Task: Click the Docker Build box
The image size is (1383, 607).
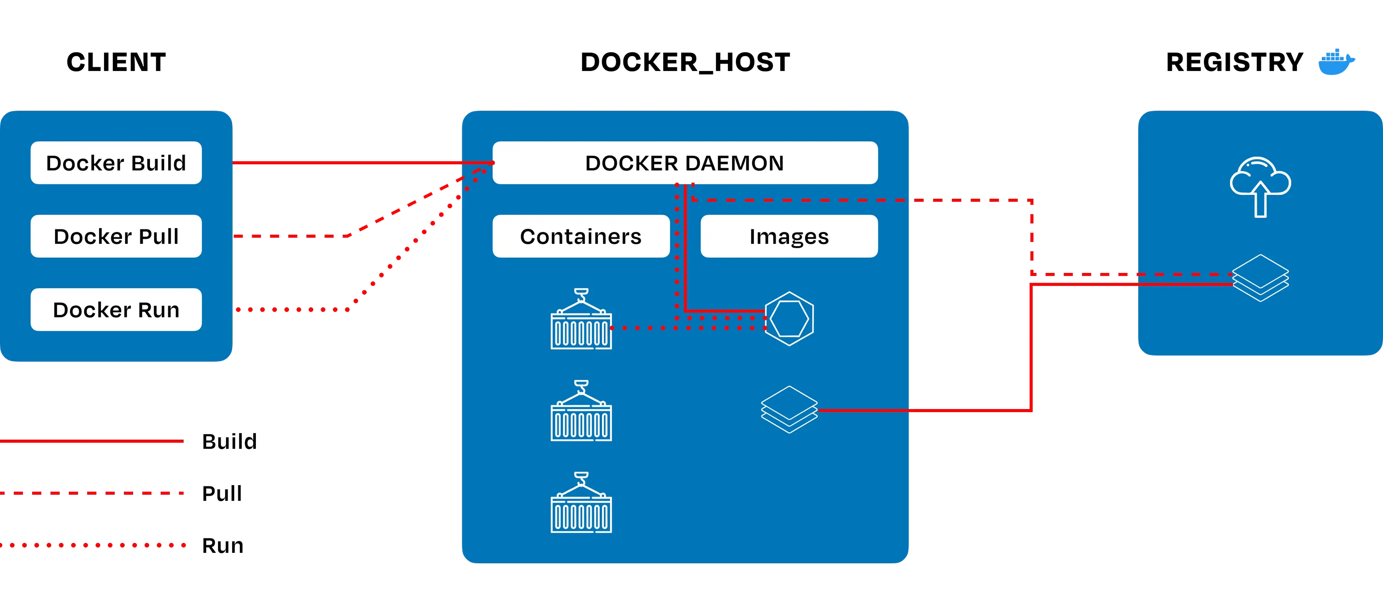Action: click(x=116, y=163)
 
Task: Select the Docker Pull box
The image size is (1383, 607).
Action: click(x=116, y=236)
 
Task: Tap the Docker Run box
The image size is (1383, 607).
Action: click(x=116, y=310)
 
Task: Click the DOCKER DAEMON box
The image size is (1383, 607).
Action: click(x=685, y=163)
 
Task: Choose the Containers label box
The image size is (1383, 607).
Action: click(x=580, y=236)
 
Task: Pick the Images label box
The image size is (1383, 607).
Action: click(x=789, y=236)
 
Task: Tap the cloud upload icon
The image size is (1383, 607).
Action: click(x=1260, y=186)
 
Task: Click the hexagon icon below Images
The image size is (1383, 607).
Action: click(x=789, y=318)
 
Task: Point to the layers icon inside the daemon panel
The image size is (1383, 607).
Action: click(x=789, y=409)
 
